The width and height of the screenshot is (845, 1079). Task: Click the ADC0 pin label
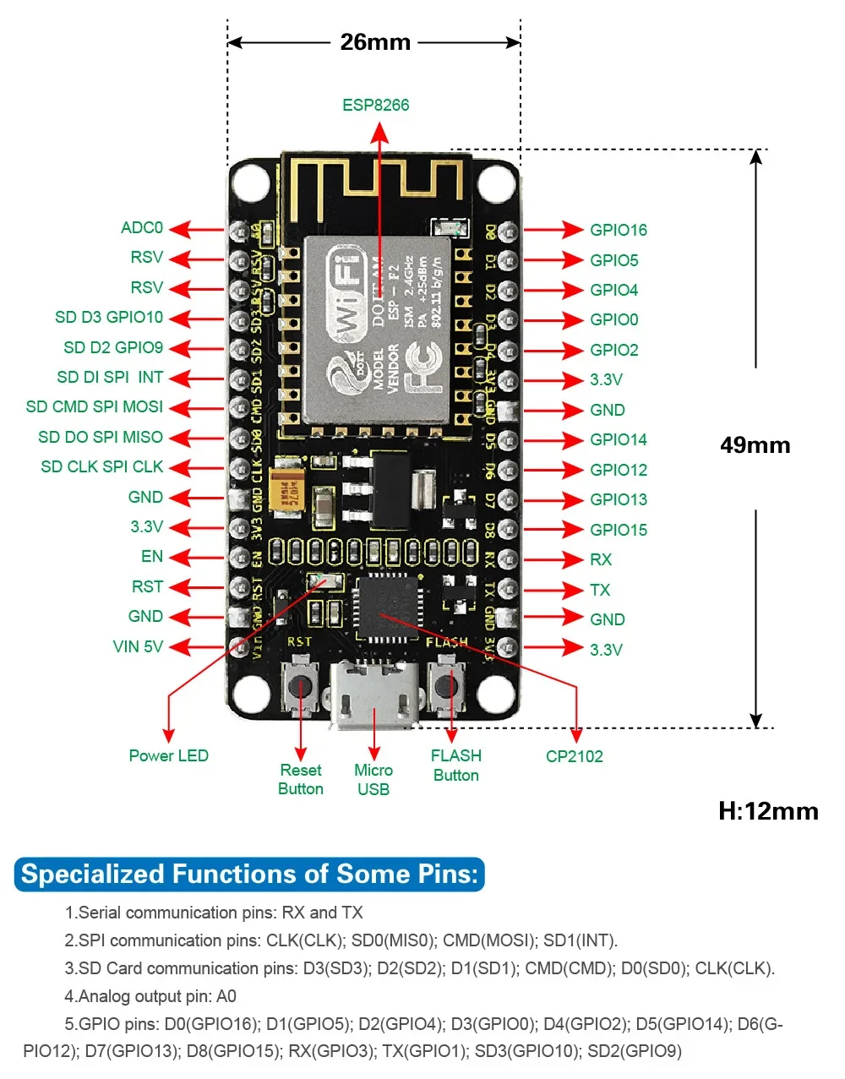click(x=142, y=228)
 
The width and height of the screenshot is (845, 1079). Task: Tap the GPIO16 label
click(x=619, y=230)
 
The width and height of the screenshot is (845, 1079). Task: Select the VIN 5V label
click(x=138, y=647)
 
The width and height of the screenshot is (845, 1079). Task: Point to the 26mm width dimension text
click(x=375, y=42)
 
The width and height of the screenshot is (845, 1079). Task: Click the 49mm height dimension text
click(x=755, y=445)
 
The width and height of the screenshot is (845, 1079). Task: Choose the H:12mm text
click(x=768, y=811)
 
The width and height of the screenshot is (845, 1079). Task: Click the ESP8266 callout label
click(x=375, y=106)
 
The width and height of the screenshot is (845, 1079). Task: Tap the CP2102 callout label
click(x=575, y=757)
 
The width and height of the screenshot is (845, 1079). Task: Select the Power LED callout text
click(x=168, y=756)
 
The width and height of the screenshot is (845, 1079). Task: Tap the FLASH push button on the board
click(x=447, y=684)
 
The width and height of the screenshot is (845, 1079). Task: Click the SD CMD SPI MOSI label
click(x=95, y=407)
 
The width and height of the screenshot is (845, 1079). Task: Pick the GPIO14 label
click(x=619, y=440)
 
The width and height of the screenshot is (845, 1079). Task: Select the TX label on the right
click(x=600, y=591)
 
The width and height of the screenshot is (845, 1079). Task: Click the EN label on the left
click(x=152, y=557)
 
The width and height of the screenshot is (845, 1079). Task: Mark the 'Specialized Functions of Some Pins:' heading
click(x=250, y=874)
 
